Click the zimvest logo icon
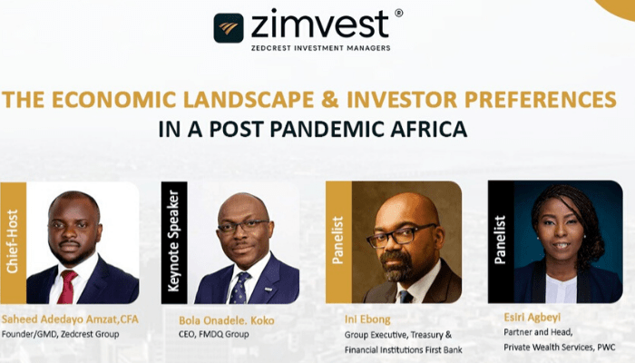point(229,28)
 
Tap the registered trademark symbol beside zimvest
point(399,14)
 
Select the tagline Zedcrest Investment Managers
point(319,47)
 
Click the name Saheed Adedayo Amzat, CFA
point(71,319)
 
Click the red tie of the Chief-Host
point(66,287)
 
